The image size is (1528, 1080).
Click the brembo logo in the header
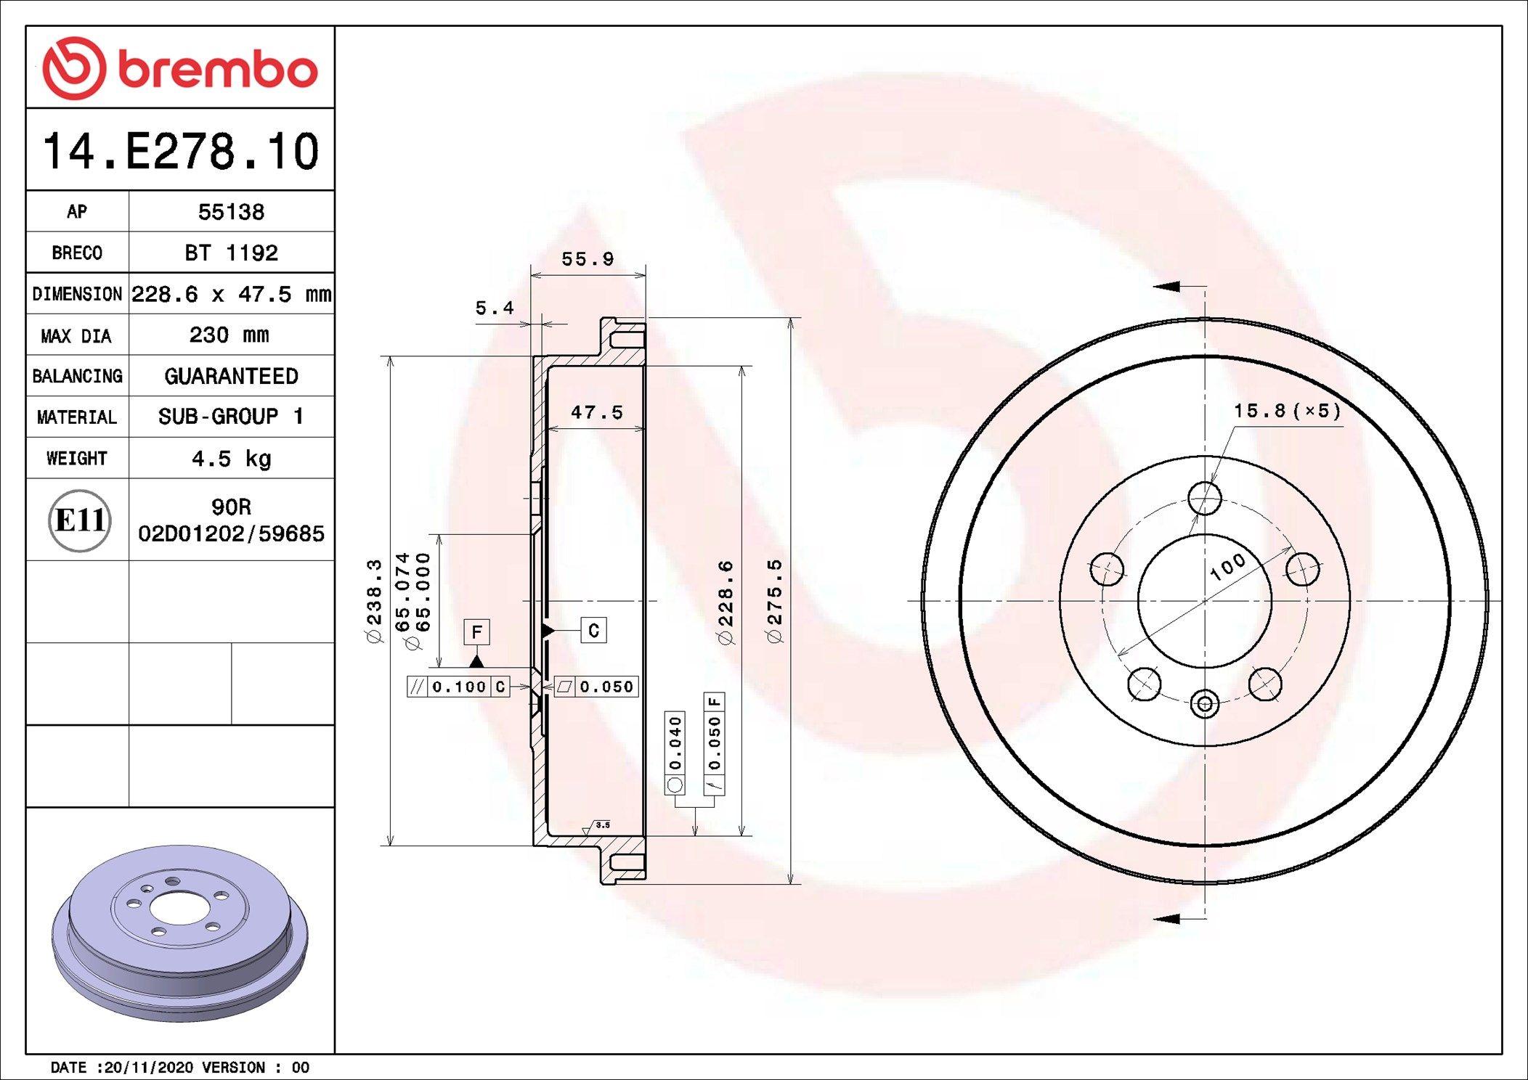[180, 68]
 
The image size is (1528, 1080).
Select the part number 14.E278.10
[181, 151]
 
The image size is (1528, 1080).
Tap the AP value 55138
[231, 212]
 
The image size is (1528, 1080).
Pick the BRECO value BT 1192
[231, 253]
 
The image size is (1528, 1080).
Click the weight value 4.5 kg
[231, 459]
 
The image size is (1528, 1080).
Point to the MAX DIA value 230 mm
[229, 335]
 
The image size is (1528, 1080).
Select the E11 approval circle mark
[80, 520]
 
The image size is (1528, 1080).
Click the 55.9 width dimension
[588, 259]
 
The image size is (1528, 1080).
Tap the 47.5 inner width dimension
[597, 412]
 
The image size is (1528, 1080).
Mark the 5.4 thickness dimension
[495, 308]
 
